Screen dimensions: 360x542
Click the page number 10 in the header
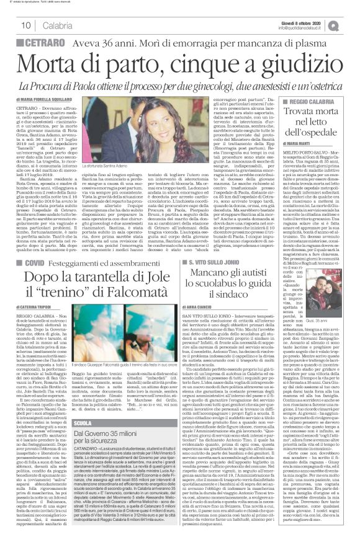[x=26, y=24]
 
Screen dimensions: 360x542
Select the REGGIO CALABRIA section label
[x=311, y=100]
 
